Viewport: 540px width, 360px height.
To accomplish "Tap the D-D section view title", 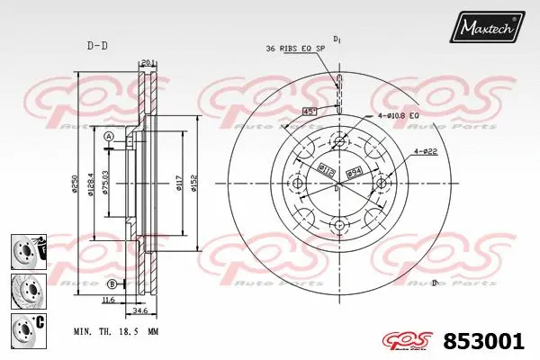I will [x=96, y=45].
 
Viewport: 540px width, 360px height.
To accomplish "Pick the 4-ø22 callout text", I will [x=426, y=151].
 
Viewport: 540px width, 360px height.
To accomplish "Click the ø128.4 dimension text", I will [x=91, y=185].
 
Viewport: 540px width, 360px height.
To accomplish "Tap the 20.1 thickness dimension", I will [x=148, y=63].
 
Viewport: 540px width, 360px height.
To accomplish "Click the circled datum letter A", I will [x=108, y=137].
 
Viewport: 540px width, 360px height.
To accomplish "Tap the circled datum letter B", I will [x=112, y=284].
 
